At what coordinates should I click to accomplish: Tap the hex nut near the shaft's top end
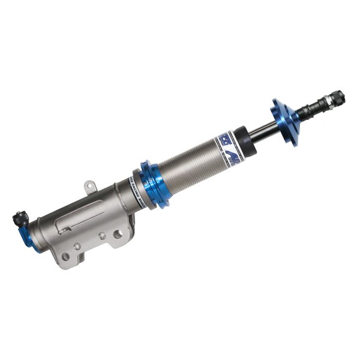click(329, 97)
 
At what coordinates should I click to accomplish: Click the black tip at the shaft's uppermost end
click(338, 94)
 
